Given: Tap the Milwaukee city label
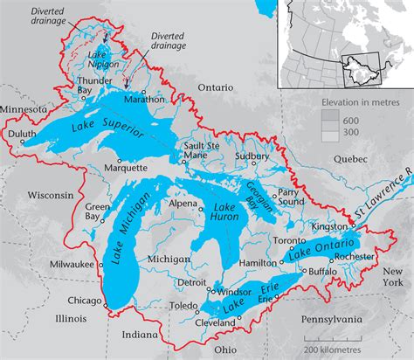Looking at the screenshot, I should (x=70, y=263).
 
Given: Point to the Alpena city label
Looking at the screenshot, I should (x=184, y=203).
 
